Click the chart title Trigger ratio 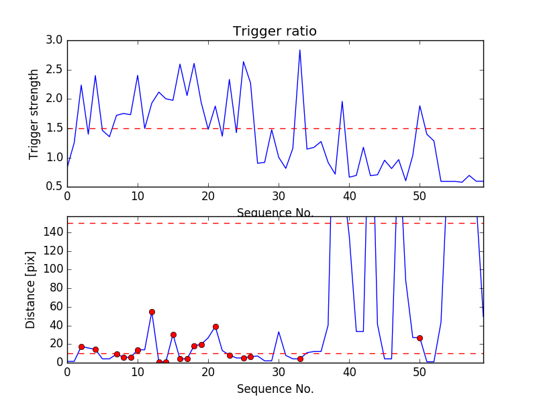tap(275, 32)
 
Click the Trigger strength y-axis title tap(34, 114)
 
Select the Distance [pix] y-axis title tap(31, 289)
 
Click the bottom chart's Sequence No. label tap(275, 389)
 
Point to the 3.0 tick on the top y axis tap(54, 40)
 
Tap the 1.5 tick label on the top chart tap(54, 128)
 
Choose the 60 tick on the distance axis tap(54, 307)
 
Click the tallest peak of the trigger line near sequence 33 tap(300, 50)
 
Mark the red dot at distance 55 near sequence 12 tap(152, 312)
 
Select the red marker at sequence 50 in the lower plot tap(420, 338)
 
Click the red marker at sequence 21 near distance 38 tap(215, 326)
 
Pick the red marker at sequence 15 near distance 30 tap(173, 334)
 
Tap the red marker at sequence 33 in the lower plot tap(300, 359)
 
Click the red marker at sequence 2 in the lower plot tap(81, 347)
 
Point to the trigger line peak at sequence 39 tap(342, 101)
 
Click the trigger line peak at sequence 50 tap(420, 105)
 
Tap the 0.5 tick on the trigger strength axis tap(54, 187)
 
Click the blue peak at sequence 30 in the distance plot tap(279, 332)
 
